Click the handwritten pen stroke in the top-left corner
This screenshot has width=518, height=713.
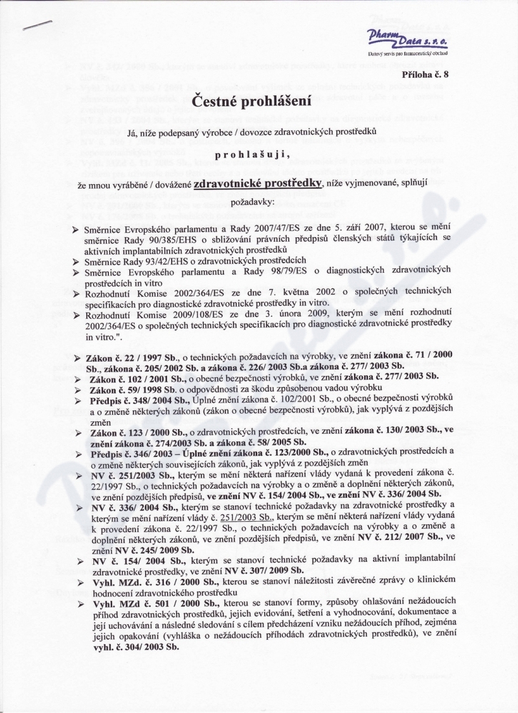pos(37,24)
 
